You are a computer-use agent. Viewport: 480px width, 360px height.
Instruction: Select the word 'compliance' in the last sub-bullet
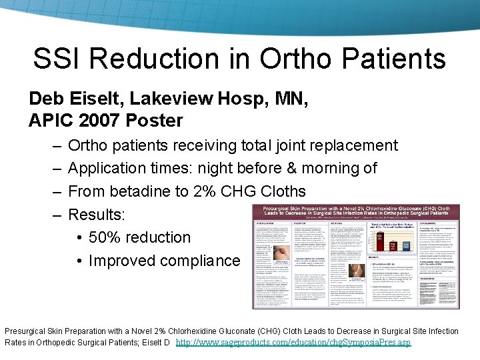click(198, 260)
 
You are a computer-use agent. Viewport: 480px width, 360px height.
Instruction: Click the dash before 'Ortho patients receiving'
click(54, 145)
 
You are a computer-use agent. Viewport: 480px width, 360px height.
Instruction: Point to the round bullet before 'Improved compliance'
click(79, 261)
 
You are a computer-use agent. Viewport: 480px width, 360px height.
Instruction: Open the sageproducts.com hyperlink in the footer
click(293, 343)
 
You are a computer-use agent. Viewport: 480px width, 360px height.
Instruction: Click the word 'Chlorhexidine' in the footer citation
click(215, 331)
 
